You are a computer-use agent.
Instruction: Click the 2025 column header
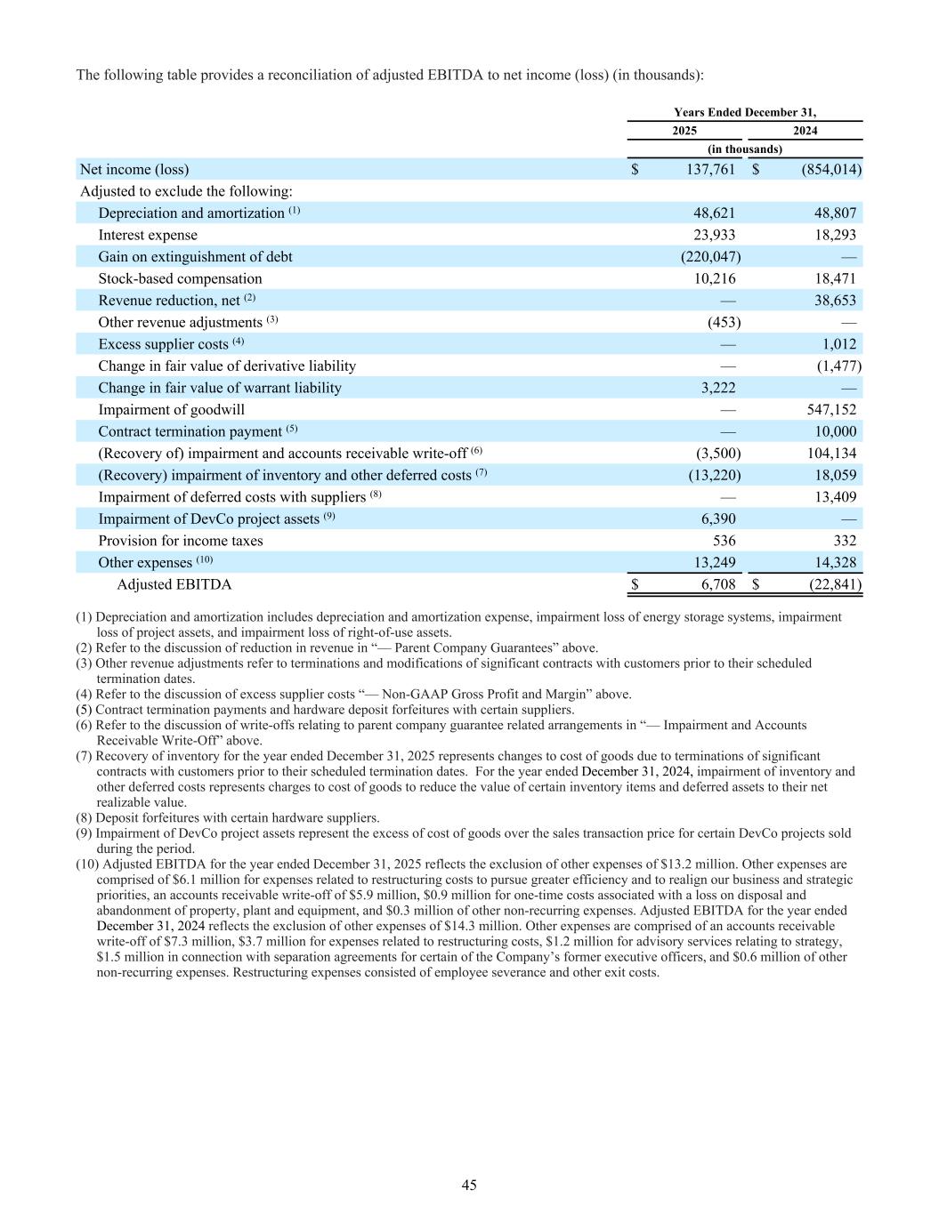684,131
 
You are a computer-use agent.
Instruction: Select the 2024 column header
805,131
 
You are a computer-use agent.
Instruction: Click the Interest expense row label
148,235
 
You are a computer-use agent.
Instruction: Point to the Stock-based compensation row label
180,278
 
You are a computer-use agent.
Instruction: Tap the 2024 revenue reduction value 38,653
835,301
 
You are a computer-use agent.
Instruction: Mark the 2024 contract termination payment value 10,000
835,431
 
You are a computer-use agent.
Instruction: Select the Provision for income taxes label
181,541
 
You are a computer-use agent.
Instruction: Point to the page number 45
469,1185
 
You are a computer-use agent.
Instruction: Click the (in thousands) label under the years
744,149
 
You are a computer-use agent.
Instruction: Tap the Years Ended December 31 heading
744,112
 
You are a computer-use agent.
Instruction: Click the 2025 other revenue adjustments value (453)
724,322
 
